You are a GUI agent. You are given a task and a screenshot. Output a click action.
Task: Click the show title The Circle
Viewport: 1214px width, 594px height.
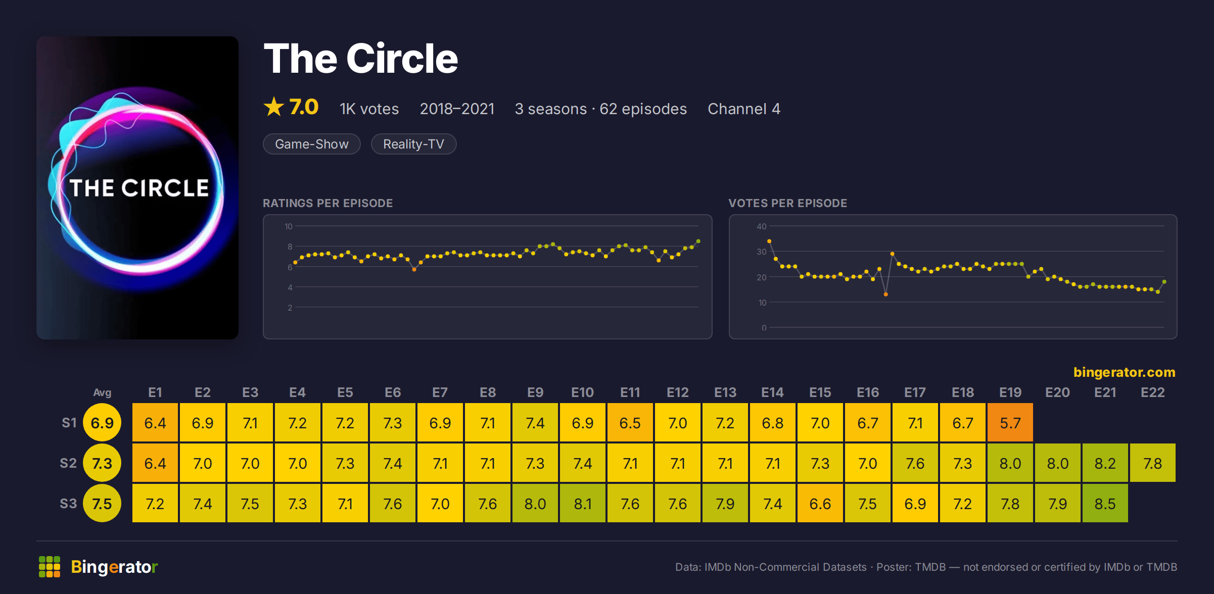click(x=361, y=59)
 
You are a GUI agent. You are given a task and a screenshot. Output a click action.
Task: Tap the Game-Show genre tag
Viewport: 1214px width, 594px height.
click(x=312, y=144)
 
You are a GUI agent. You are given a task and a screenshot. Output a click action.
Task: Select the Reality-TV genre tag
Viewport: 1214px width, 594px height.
click(x=413, y=144)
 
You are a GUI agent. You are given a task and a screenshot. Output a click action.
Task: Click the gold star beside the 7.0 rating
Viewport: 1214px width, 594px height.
click(x=274, y=107)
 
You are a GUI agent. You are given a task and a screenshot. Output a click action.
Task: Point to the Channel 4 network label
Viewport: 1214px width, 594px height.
click(x=744, y=109)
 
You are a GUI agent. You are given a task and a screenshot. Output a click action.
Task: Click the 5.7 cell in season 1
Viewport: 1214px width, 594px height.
click(x=1010, y=422)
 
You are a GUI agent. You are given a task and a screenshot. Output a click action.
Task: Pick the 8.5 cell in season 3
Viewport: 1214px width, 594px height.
click(x=1105, y=503)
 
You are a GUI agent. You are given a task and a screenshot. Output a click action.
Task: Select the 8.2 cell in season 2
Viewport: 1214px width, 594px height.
click(x=1105, y=463)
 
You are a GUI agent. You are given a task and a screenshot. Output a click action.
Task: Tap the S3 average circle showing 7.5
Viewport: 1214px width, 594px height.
click(x=102, y=503)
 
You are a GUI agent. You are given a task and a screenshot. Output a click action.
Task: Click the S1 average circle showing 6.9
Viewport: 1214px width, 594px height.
click(x=102, y=422)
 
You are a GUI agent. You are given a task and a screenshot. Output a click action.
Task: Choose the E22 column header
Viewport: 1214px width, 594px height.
click(x=1153, y=392)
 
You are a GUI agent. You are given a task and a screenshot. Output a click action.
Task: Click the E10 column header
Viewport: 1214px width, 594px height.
click(x=583, y=392)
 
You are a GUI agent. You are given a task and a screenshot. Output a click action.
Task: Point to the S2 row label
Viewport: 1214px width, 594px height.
click(x=68, y=463)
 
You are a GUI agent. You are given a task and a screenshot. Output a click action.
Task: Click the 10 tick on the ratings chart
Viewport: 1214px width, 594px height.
click(x=289, y=226)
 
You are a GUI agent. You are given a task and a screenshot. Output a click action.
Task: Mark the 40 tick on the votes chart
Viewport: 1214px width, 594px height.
click(x=762, y=226)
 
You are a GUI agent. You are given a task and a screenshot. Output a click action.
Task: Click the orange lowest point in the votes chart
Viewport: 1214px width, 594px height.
click(x=886, y=294)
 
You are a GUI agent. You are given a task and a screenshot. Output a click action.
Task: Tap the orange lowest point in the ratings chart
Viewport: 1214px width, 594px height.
click(x=414, y=270)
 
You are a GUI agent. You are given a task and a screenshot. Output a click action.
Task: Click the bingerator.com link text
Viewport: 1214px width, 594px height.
click(x=1125, y=372)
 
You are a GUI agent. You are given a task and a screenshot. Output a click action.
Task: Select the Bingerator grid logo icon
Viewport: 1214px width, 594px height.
click(x=50, y=567)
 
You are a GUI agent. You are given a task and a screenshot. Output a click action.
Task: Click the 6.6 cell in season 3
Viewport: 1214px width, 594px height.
click(x=820, y=503)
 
